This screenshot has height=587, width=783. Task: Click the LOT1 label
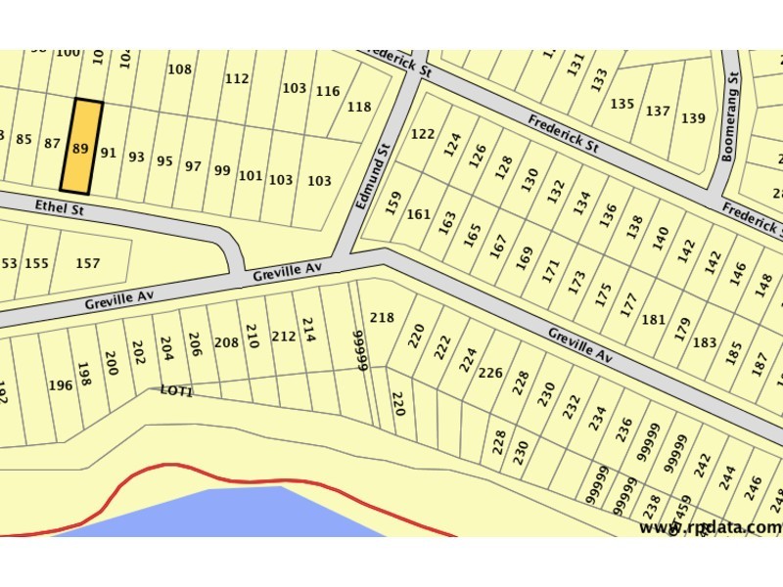(x=177, y=390)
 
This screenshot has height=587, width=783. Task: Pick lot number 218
(x=382, y=318)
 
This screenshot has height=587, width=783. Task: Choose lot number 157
(x=88, y=263)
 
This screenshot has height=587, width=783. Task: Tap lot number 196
(x=61, y=385)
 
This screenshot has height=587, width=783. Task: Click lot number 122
(x=423, y=134)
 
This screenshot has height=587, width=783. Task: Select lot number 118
(x=359, y=108)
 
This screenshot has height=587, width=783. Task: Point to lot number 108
(x=180, y=69)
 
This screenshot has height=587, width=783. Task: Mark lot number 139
(x=693, y=118)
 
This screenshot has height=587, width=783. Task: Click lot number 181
(x=653, y=320)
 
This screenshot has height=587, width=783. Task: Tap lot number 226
(x=489, y=372)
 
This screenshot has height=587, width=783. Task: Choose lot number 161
(x=419, y=214)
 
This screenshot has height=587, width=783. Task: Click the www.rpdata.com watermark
(x=711, y=527)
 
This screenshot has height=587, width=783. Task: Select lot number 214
(x=308, y=329)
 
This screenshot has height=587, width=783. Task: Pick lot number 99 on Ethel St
(x=222, y=170)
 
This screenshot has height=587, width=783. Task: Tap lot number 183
(x=705, y=343)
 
